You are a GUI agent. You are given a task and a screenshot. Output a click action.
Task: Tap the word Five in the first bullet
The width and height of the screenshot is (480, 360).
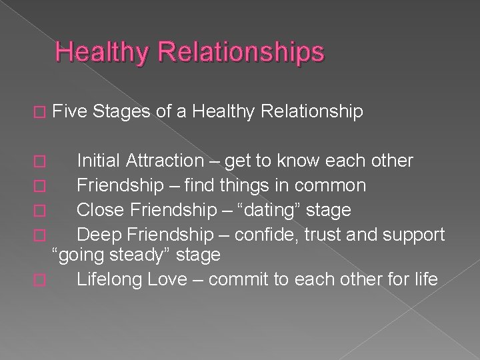(x=71, y=112)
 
